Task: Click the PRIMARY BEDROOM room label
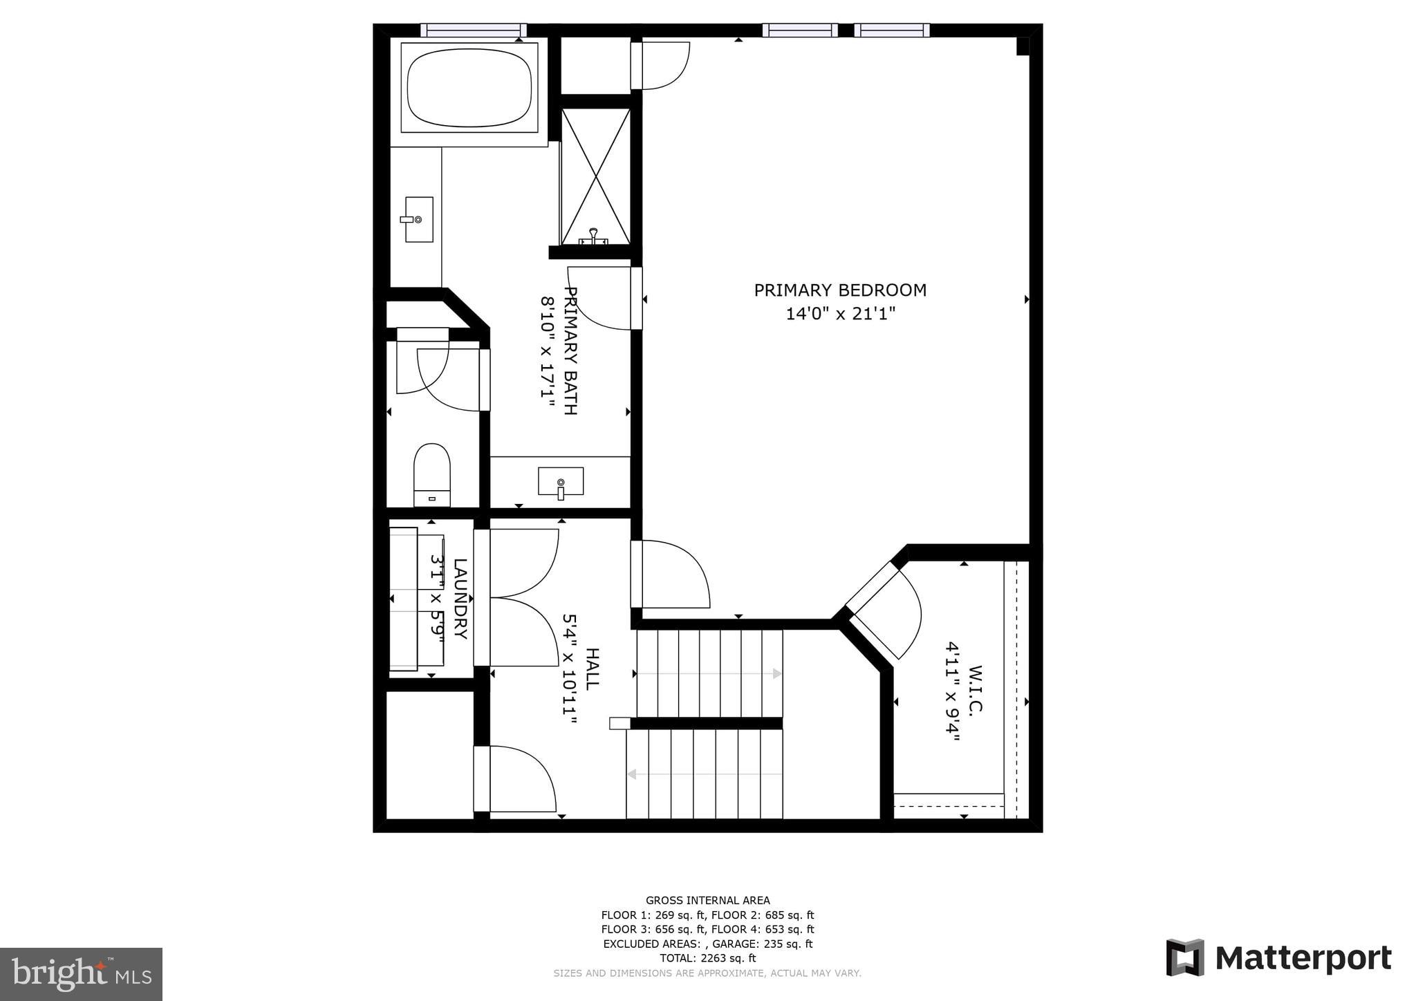coord(839,290)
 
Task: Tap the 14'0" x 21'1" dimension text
coord(839,314)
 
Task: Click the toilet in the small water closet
coord(431,474)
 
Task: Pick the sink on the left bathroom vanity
coord(418,219)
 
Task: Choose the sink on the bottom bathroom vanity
coord(560,481)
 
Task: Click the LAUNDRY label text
coord(460,599)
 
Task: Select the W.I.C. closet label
coord(975,691)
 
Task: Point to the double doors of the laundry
coord(522,597)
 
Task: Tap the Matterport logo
coord(1278,958)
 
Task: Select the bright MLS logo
coord(81,974)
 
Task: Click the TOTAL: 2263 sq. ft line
coord(707,958)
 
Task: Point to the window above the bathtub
coord(474,30)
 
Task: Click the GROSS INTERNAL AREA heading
coord(707,900)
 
